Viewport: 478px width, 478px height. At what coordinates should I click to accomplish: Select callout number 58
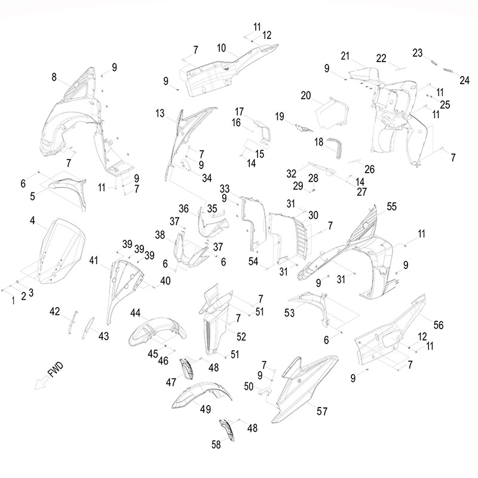coord(216,444)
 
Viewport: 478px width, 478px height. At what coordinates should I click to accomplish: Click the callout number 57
coord(323,412)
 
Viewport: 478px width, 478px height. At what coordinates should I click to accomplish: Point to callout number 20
coord(306,96)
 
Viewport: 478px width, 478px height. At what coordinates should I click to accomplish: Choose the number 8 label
coord(54,76)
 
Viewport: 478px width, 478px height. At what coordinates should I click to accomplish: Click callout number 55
coord(391,206)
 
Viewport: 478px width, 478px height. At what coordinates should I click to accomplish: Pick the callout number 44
coord(136,312)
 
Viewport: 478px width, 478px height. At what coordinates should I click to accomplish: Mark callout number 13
coord(160,113)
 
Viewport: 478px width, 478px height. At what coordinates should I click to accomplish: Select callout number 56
coord(439,324)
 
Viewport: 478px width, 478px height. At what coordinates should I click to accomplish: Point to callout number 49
coord(206,409)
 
